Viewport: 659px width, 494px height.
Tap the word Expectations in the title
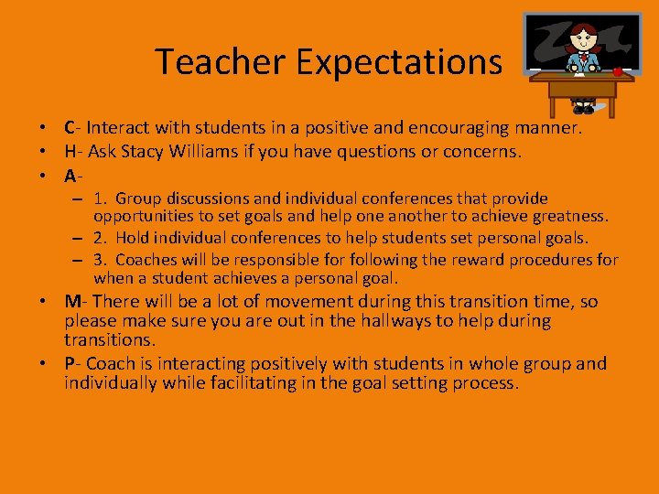tap(398, 62)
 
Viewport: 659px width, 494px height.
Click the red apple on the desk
tap(618, 70)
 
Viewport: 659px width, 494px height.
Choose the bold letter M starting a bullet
tap(72, 301)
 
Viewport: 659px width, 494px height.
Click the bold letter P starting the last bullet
tap(70, 363)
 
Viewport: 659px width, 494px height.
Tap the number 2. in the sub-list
tap(101, 238)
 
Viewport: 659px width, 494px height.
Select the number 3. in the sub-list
tap(101, 261)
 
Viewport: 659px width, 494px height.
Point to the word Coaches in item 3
tap(146, 261)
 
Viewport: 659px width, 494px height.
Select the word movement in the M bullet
tap(294, 301)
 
